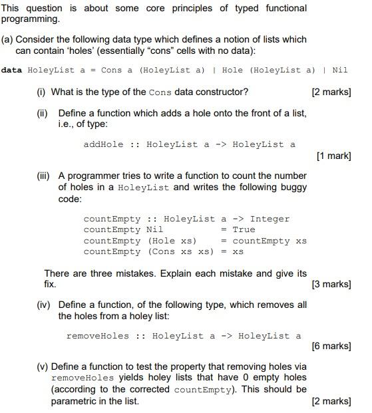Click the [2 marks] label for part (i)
pyautogui.click(x=331, y=92)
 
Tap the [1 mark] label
pyautogui.click(x=334, y=156)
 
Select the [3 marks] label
pyautogui.click(x=331, y=284)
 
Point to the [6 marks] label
pyautogui.click(x=331, y=346)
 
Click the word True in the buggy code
pyautogui.click(x=244, y=229)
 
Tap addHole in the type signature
pyautogui.click(x=103, y=144)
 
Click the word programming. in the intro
pyautogui.click(x=29, y=19)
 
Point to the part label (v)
pyautogui.click(x=42, y=366)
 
